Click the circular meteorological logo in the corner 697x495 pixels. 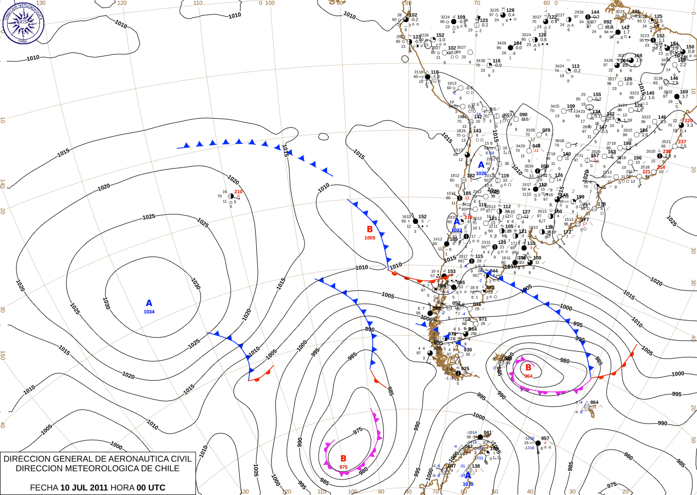click(x=23, y=23)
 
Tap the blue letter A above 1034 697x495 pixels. click(x=149, y=303)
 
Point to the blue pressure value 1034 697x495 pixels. click(x=149, y=312)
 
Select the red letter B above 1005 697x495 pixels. click(x=370, y=229)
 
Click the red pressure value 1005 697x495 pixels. click(x=370, y=238)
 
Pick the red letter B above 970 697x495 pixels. click(x=343, y=459)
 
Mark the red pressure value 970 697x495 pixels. click(x=343, y=467)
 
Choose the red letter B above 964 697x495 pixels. click(x=528, y=368)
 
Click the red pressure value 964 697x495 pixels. click(x=528, y=376)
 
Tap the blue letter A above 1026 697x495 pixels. click(x=481, y=165)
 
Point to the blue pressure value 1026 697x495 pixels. click(x=481, y=174)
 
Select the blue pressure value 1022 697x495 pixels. click(x=457, y=231)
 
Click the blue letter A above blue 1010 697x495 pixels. click(x=468, y=476)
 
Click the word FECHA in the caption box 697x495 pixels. click(x=44, y=487)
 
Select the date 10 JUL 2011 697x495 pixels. click(x=84, y=487)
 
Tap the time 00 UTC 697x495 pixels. click(x=151, y=487)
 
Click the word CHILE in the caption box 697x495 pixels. click(x=166, y=468)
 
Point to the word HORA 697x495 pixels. click(x=122, y=487)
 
